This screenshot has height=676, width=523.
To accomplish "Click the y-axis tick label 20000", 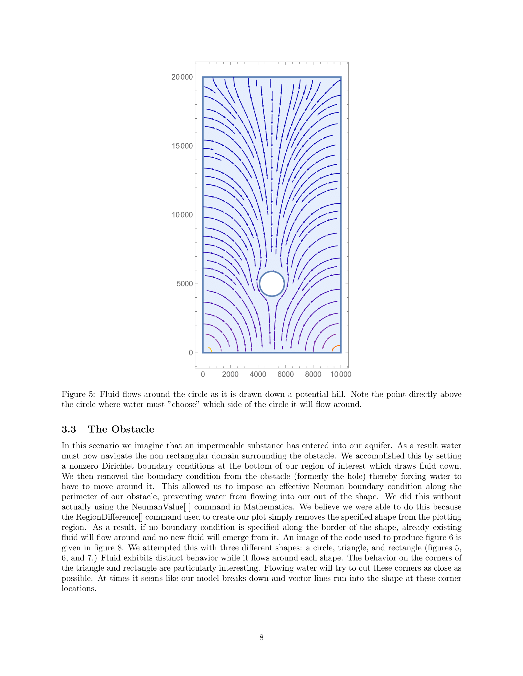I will (182, 77).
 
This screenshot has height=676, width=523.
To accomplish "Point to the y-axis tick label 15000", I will (182, 146).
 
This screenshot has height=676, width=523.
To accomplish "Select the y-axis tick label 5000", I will (185, 284).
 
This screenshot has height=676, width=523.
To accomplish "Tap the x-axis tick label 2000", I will (230, 375).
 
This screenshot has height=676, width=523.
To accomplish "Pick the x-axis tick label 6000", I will (285, 375).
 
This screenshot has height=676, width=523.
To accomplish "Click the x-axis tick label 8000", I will (313, 375).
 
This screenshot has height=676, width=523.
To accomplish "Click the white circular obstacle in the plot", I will (272, 284).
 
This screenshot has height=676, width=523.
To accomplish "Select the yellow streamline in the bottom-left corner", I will (210, 349).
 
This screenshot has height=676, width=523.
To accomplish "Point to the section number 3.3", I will (69, 429).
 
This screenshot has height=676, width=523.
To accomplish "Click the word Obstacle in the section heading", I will (133, 429).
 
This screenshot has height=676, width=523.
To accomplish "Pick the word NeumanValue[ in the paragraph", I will (158, 507).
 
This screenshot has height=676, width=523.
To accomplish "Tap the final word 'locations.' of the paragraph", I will (79, 589).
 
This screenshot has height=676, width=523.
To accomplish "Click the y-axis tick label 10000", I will (182, 215).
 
